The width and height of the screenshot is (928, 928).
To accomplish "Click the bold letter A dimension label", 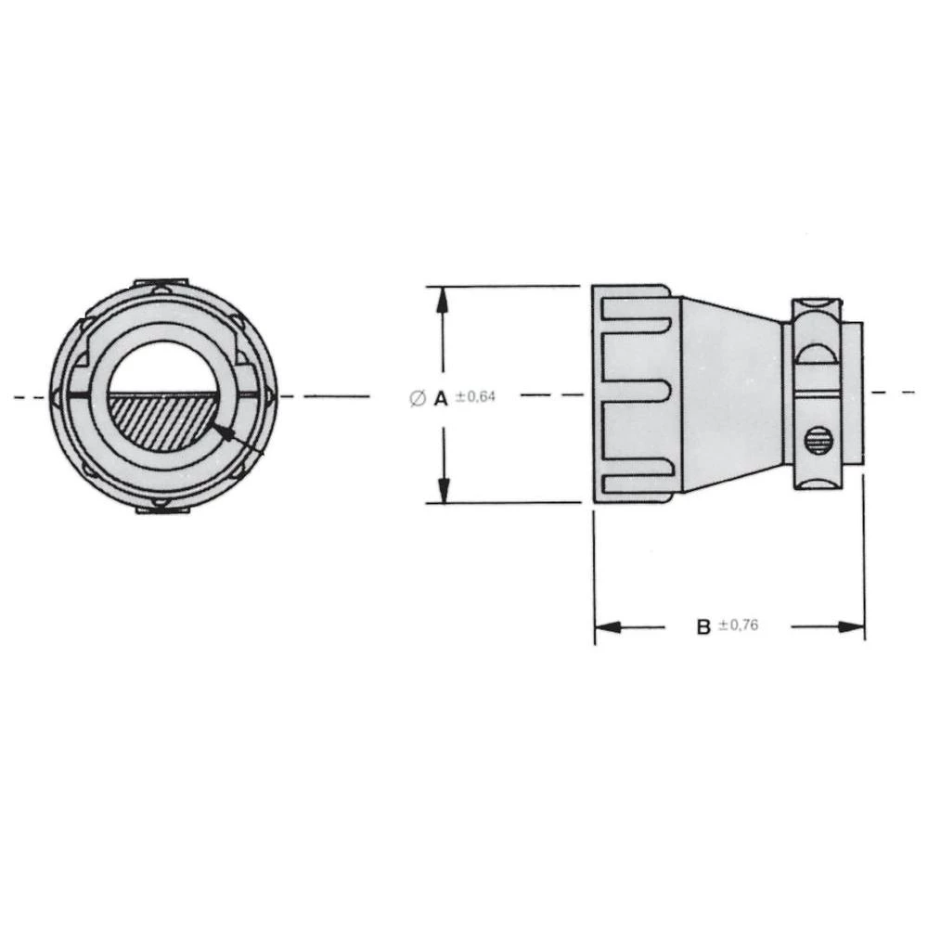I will pyautogui.click(x=441, y=397).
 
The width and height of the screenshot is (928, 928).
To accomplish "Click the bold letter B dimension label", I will pyautogui.click(x=703, y=627).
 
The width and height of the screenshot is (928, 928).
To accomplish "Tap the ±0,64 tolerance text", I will pyautogui.click(x=476, y=397).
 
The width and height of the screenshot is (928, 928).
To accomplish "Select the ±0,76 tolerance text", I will pyautogui.click(x=739, y=626).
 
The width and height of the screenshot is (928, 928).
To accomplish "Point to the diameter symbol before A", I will pyautogui.click(x=417, y=398).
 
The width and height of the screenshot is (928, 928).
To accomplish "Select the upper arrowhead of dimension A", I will pyautogui.click(x=444, y=297).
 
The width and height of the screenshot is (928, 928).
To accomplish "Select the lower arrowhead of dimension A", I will pyautogui.click(x=444, y=492).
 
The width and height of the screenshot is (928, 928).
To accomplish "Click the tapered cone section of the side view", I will pyautogui.click(x=733, y=394).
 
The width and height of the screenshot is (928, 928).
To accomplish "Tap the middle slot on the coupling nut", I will pyautogui.click(x=637, y=394).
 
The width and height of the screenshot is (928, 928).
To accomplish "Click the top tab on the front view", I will pyautogui.click(x=161, y=280).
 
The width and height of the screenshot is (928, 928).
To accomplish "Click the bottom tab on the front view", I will pyautogui.click(x=161, y=509).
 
